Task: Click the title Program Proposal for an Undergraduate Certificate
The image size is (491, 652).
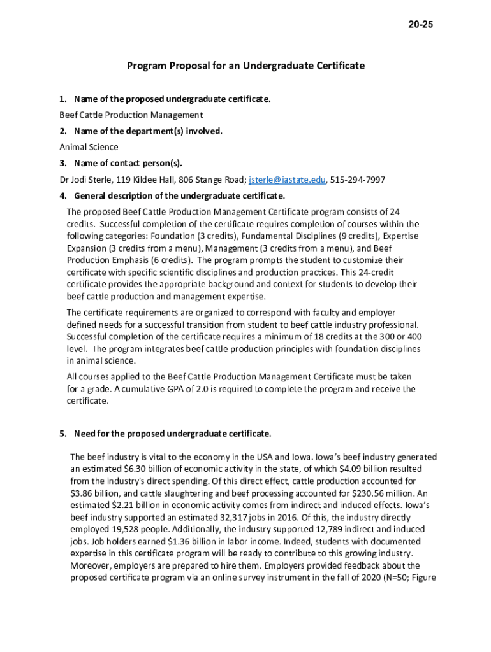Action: pos(246,66)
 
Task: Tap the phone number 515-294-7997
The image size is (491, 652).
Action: pos(358,180)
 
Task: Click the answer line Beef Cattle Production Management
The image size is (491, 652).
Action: pos(131,115)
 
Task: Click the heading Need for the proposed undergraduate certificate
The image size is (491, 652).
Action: pos(172,434)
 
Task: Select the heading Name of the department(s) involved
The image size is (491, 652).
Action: pos(148,131)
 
